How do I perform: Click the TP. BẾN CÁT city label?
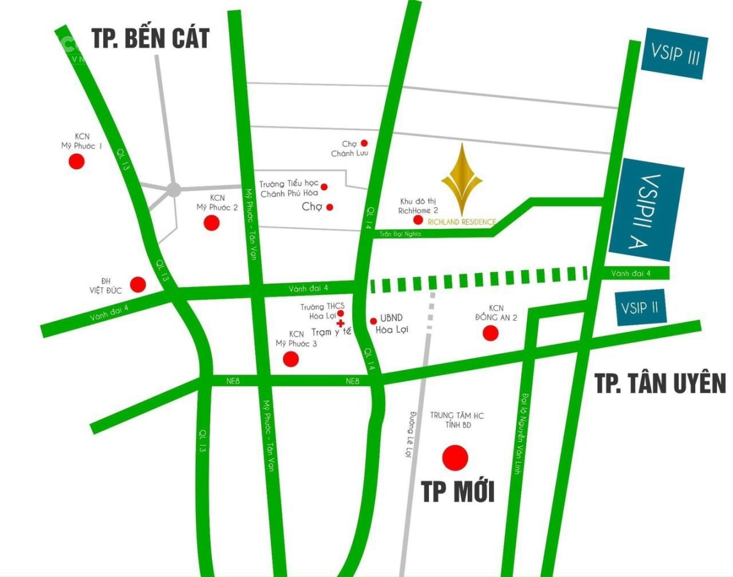point(150,38)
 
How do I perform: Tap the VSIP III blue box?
point(675,54)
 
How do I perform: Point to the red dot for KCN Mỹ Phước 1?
point(76,162)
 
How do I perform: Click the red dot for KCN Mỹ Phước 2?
point(211,222)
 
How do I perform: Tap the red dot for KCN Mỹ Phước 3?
point(291,359)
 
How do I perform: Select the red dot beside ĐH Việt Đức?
point(138,284)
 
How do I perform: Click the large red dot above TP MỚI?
point(455,457)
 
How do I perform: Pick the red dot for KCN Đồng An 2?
point(490,333)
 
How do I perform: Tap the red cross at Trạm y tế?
point(341,323)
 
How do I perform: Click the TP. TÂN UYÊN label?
point(660,383)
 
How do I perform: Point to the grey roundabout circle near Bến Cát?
point(173,189)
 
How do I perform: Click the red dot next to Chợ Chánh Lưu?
point(364,143)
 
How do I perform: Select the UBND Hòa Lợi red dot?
point(373,321)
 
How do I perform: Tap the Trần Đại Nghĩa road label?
point(400,234)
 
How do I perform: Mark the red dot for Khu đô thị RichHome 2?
point(417,220)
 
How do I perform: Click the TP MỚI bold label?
point(457,492)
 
